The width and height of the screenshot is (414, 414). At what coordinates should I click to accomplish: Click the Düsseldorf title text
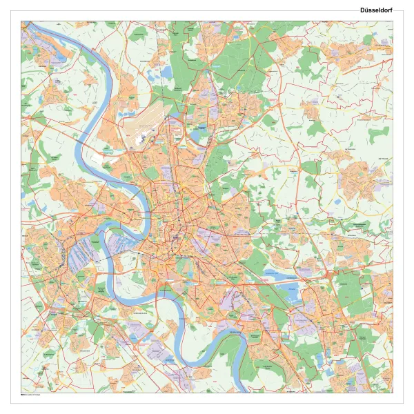[x=376, y=10]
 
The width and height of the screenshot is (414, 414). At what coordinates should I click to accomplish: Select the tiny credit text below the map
[x=31, y=395]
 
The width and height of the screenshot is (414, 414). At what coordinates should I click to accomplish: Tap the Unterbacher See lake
[x=276, y=277]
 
